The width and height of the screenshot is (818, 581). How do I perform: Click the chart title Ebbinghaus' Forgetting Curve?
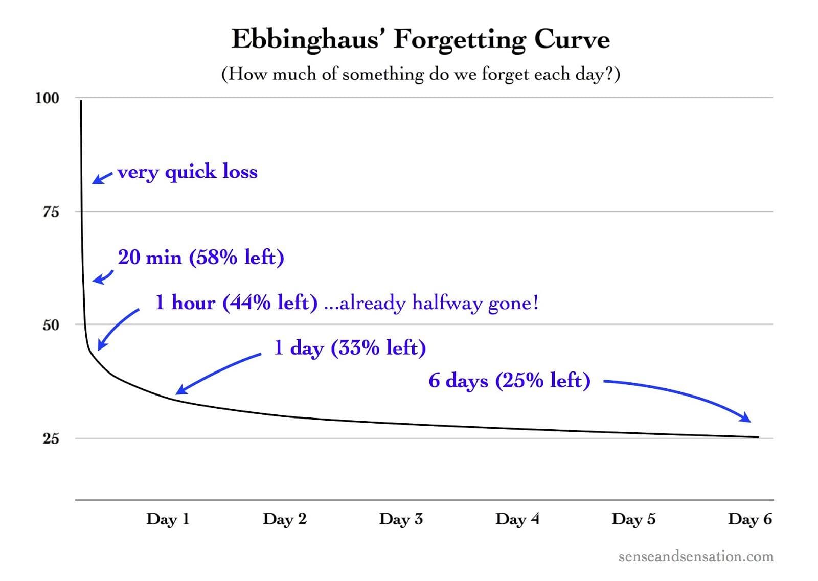click(420, 39)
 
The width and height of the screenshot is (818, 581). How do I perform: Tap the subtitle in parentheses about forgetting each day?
click(420, 74)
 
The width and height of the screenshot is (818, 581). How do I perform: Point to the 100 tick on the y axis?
click(47, 98)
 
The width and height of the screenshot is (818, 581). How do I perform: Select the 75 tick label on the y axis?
click(51, 212)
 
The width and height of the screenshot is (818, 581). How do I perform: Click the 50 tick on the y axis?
click(51, 325)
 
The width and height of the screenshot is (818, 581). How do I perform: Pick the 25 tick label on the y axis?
click(51, 438)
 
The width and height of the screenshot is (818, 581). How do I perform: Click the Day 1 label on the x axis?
click(168, 519)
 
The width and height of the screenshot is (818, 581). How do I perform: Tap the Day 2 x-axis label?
click(284, 519)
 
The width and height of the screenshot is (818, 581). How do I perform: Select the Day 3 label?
click(401, 519)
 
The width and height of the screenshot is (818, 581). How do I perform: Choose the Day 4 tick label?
click(517, 519)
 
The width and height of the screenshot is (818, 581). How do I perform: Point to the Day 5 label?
click(633, 519)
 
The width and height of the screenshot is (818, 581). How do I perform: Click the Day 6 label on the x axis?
click(749, 519)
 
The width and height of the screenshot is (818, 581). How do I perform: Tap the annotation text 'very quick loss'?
click(187, 172)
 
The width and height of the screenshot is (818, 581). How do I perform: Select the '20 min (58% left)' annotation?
click(201, 257)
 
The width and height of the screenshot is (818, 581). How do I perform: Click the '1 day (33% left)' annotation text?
click(350, 348)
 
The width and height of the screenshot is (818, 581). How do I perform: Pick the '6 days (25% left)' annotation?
click(509, 380)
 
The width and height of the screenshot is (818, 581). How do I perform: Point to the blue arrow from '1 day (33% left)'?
click(217, 373)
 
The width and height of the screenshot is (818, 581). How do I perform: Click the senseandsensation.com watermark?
click(696, 556)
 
